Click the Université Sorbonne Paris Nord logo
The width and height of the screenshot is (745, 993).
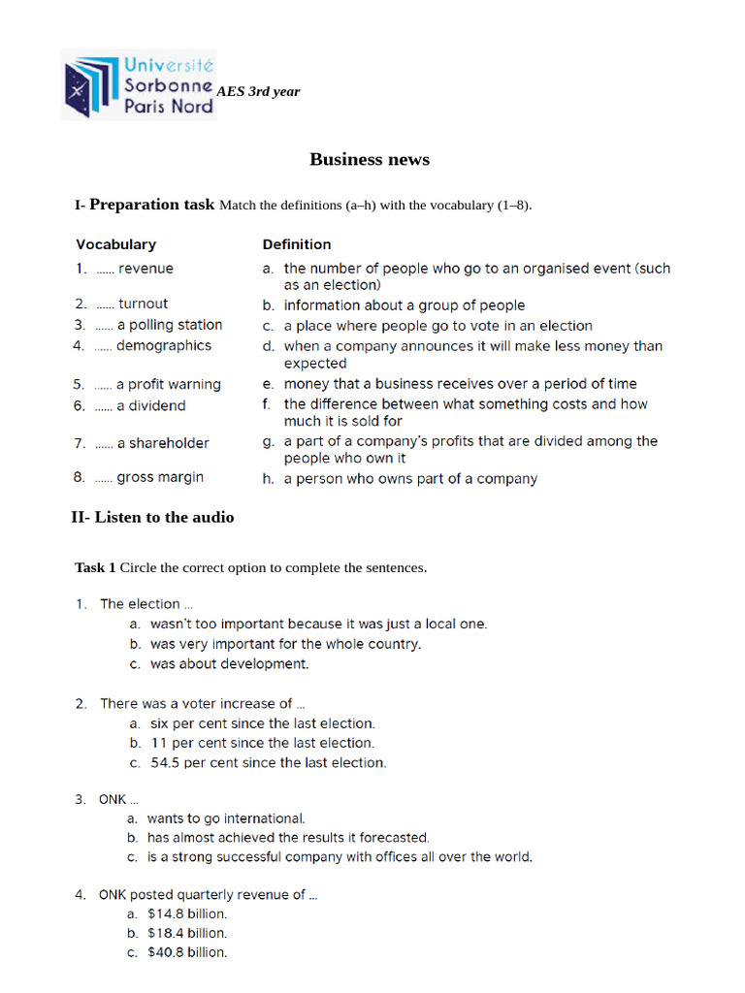(138, 85)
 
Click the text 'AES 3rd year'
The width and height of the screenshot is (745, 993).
(258, 92)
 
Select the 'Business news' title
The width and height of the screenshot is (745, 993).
(370, 160)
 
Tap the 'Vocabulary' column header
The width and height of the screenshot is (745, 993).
(115, 244)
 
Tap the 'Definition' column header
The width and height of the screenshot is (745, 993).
(297, 244)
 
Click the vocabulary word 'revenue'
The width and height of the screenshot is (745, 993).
(146, 269)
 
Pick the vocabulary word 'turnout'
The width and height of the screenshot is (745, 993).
(143, 304)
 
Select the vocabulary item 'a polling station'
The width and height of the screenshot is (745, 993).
(169, 325)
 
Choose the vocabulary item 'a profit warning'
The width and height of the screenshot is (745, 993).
(168, 384)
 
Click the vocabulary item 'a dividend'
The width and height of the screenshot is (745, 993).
(150, 405)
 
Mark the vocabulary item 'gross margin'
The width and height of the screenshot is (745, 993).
(160, 477)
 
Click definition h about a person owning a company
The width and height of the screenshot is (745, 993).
(409, 478)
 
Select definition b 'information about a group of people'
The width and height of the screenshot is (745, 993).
(404, 305)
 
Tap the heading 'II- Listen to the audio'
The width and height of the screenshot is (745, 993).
(152, 518)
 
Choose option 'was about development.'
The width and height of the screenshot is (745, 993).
(229, 664)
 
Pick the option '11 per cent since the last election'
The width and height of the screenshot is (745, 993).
(262, 743)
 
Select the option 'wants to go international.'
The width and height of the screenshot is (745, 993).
(225, 818)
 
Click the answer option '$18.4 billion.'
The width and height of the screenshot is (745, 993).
(186, 933)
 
